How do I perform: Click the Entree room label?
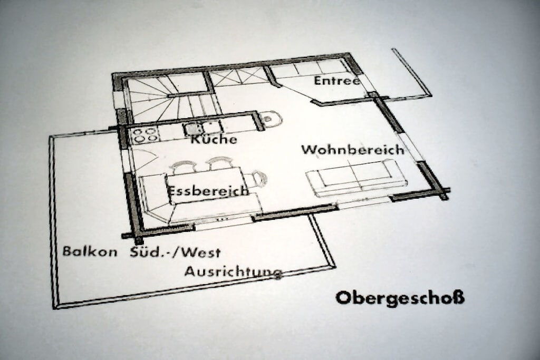(x=337, y=81)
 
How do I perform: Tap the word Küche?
(x=214, y=139)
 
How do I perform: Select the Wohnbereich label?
(x=353, y=150)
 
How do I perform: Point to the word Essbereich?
(x=208, y=190)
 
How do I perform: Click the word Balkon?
(x=90, y=251)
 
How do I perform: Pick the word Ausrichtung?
(x=234, y=271)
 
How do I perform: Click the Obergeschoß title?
(x=400, y=298)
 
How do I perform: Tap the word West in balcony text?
(x=201, y=252)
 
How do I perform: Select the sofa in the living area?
(x=356, y=178)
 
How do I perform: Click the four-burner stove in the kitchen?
(x=145, y=135)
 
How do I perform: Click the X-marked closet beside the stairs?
(x=238, y=77)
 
